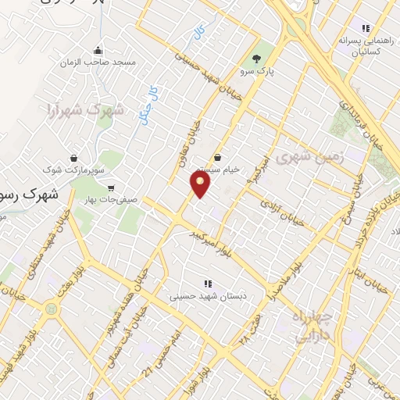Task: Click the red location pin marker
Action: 202,184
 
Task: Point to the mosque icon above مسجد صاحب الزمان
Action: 98,48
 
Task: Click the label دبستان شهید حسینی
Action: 206,297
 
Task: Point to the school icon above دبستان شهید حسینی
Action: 206,284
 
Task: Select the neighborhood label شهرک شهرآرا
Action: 85,109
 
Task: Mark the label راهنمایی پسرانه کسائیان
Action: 359,45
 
